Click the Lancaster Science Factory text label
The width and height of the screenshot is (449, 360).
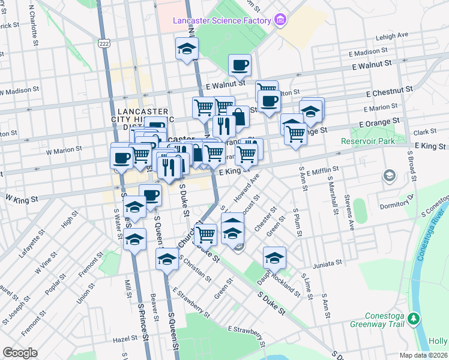click(x=222, y=21)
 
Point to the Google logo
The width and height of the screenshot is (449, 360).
click(x=20, y=353)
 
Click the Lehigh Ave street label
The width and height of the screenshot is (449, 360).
click(x=392, y=36)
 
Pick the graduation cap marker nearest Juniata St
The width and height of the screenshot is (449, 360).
click(x=274, y=257)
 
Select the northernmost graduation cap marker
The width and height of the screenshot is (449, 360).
click(x=187, y=47)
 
